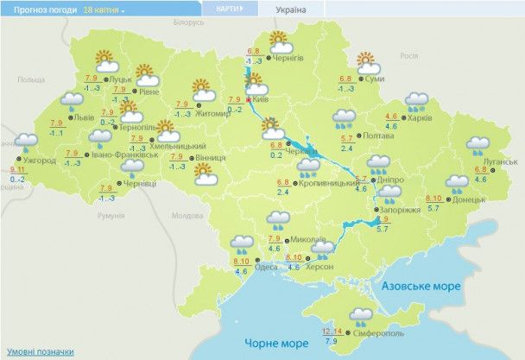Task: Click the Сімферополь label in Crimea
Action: coord(376,333)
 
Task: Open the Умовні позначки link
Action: coord(41,351)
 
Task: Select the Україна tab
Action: coord(290,9)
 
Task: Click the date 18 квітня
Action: coord(103,9)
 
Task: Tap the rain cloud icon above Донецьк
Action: coord(458,185)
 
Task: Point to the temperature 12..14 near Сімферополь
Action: coord(331,332)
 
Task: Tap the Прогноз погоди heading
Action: coord(40,9)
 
